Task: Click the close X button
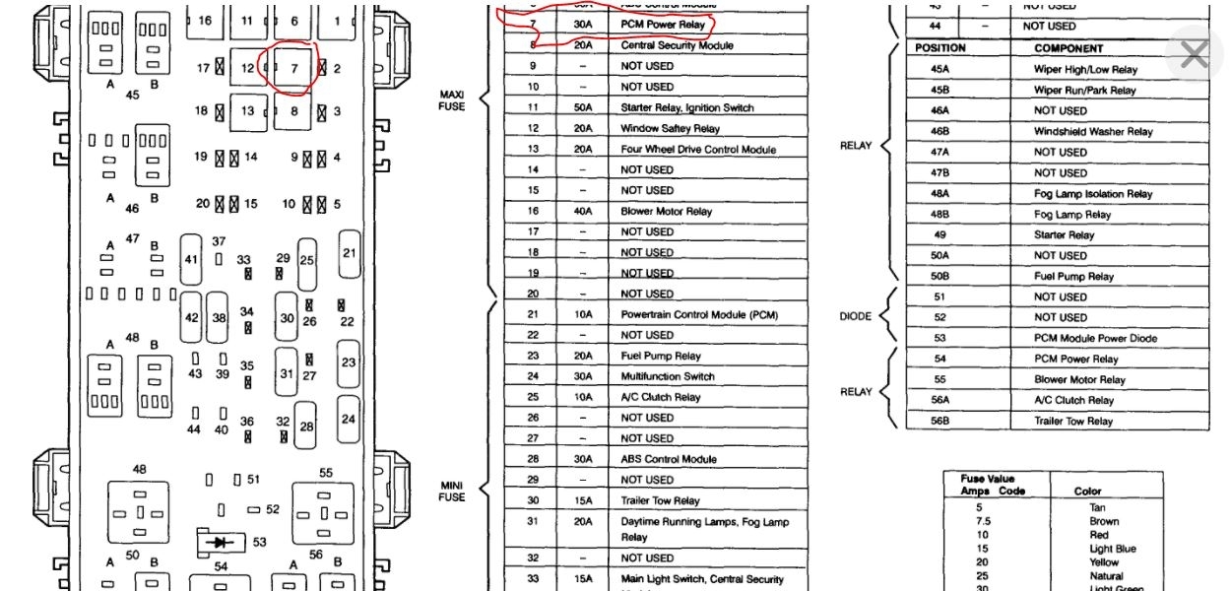(x=1194, y=54)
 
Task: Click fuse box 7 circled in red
(x=293, y=67)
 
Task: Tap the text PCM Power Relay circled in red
(x=663, y=25)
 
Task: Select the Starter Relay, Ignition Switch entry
(x=686, y=107)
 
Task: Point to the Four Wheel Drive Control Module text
(x=698, y=150)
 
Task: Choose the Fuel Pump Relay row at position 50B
(x=1073, y=277)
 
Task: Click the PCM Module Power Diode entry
(x=1095, y=338)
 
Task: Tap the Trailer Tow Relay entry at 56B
(x=1073, y=421)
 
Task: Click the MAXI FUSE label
(x=451, y=100)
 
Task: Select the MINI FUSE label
(x=451, y=491)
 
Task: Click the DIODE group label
(x=855, y=317)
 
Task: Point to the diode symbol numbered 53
(x=223, y=542)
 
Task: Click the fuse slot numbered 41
(x=191, y=259)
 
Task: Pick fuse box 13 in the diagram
(x=248, y=111)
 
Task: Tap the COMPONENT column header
(x=1069, y=48)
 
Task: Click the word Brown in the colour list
(x=1103, y=522)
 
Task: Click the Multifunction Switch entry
(x=668, y=376)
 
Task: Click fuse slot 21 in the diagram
(x=349, y=253)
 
